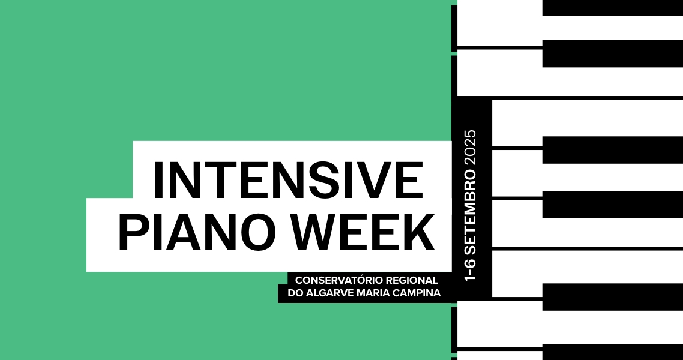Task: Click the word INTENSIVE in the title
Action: point(288,179)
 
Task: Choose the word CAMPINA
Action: point(414,293)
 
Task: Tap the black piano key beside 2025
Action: point(612,150)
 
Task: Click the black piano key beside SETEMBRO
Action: point(612,204)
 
